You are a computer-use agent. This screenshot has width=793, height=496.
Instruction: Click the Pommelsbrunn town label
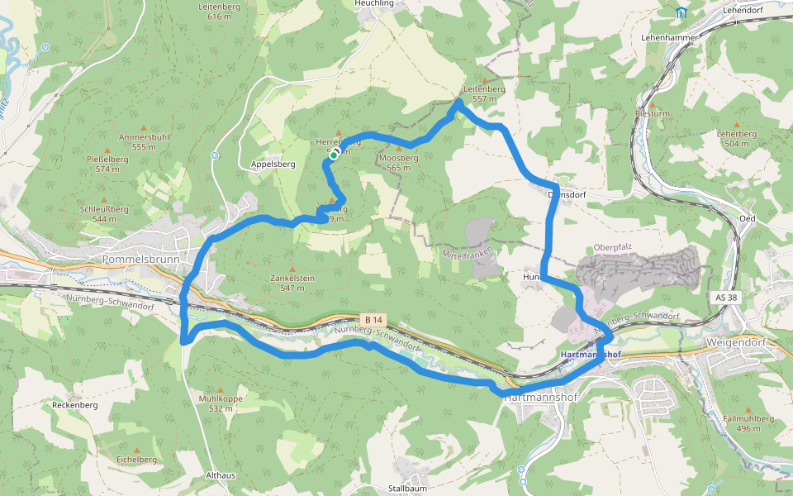click(135, 259)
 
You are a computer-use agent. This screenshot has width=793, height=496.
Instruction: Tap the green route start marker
click(334, 155)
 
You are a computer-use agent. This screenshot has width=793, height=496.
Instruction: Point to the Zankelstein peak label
click(292, 279)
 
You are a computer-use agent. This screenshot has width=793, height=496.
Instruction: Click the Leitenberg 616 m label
click(219, 11)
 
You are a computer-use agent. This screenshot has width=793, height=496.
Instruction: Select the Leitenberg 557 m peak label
click(484, 93)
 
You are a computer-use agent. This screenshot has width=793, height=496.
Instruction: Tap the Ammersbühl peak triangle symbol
click(144, 128)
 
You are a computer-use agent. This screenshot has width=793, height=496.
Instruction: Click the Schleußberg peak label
click(104, 208)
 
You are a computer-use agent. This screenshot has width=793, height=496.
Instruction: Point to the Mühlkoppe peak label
click(221, 398)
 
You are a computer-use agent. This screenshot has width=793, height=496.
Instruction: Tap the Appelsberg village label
click(273, 165)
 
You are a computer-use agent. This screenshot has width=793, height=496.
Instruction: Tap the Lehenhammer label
click(670, 38)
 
